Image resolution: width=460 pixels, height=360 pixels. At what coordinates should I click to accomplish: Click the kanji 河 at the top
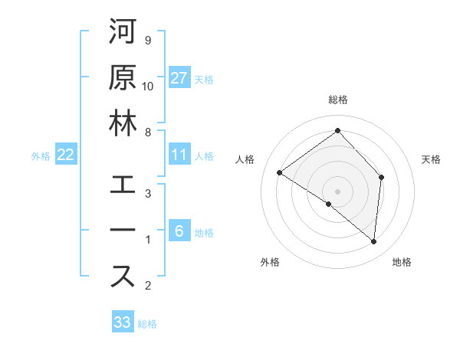(123, 33)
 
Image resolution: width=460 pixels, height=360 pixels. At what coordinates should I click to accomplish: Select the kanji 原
(123, 77)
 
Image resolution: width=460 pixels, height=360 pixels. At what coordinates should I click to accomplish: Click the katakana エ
(123, 186)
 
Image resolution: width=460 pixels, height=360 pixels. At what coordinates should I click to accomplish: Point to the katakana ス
(123, 277)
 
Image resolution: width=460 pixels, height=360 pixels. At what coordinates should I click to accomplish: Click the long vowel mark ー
(123, 231)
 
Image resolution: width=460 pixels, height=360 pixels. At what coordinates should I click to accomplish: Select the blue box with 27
(179, 78)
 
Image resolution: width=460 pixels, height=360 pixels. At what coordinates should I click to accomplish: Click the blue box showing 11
(179, 155)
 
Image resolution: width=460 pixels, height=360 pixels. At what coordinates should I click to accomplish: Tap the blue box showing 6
(179, 231)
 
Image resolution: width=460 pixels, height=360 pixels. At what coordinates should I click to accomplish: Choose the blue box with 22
(66, 155)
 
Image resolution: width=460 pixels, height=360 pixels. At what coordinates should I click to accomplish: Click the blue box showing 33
(123, 322)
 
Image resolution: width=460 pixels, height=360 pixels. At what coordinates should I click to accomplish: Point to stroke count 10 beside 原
(148, 86)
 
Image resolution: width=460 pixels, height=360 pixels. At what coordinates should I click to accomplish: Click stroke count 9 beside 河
(147, 40)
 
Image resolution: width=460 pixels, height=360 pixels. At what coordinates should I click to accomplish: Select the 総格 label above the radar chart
(338, 100)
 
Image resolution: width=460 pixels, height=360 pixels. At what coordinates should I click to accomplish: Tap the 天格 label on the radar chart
(431, 159)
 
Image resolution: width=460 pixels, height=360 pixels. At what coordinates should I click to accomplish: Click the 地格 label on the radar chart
(402, 262)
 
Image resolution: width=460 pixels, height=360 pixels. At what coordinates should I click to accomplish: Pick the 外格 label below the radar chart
(270, 262)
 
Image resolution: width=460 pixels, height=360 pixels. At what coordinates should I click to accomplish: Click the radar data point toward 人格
(280, 172)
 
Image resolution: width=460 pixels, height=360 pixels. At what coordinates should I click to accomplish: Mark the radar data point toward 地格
(374, 242)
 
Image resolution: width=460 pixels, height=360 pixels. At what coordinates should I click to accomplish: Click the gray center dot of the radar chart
(338, 191)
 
